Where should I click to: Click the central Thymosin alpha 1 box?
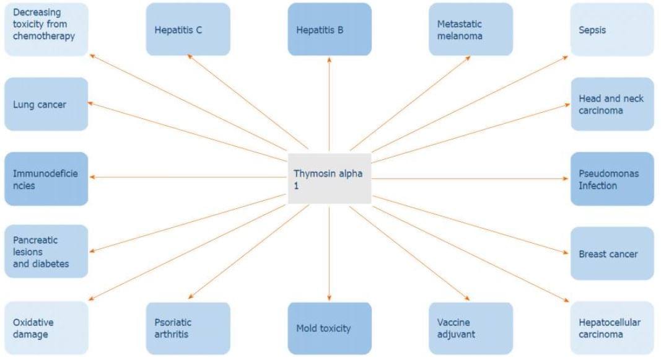330,178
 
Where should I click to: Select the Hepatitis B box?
330,29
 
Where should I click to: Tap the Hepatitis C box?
188,29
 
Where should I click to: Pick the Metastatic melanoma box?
471,29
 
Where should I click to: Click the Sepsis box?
611,29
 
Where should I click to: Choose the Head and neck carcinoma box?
611,104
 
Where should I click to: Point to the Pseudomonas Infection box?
611,178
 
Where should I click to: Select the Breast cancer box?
611,253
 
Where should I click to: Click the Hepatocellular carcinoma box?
611,328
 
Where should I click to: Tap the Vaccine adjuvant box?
471,328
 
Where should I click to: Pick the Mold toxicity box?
330,328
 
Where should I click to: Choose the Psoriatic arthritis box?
188,328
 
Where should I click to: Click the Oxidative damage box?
46,328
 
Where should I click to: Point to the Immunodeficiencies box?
46,178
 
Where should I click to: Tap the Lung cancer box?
46,104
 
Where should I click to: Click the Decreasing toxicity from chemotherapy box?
46,29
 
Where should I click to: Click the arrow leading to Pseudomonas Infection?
471,178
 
